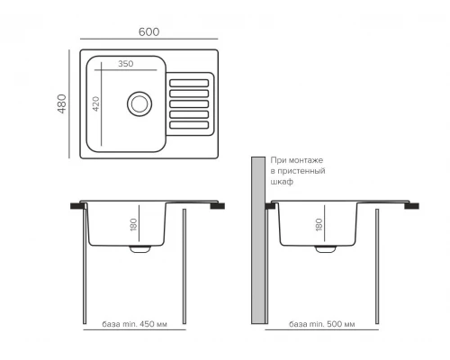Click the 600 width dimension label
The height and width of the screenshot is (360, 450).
click(148, 31)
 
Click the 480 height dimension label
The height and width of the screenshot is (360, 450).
click(62, 103)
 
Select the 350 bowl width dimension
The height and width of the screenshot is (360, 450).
click(126, 64)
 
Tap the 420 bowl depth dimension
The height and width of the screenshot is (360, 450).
click(95, 103)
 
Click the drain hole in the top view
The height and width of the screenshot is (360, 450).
click(139, 104)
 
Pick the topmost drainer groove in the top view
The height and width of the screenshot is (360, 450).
click(189, 83)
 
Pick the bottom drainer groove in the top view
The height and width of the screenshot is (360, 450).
click(189, 125)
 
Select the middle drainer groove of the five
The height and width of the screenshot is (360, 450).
click(189, 104)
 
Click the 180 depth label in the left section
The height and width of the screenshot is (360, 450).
click(133, 224)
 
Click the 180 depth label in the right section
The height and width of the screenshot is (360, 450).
click(319, 224)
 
